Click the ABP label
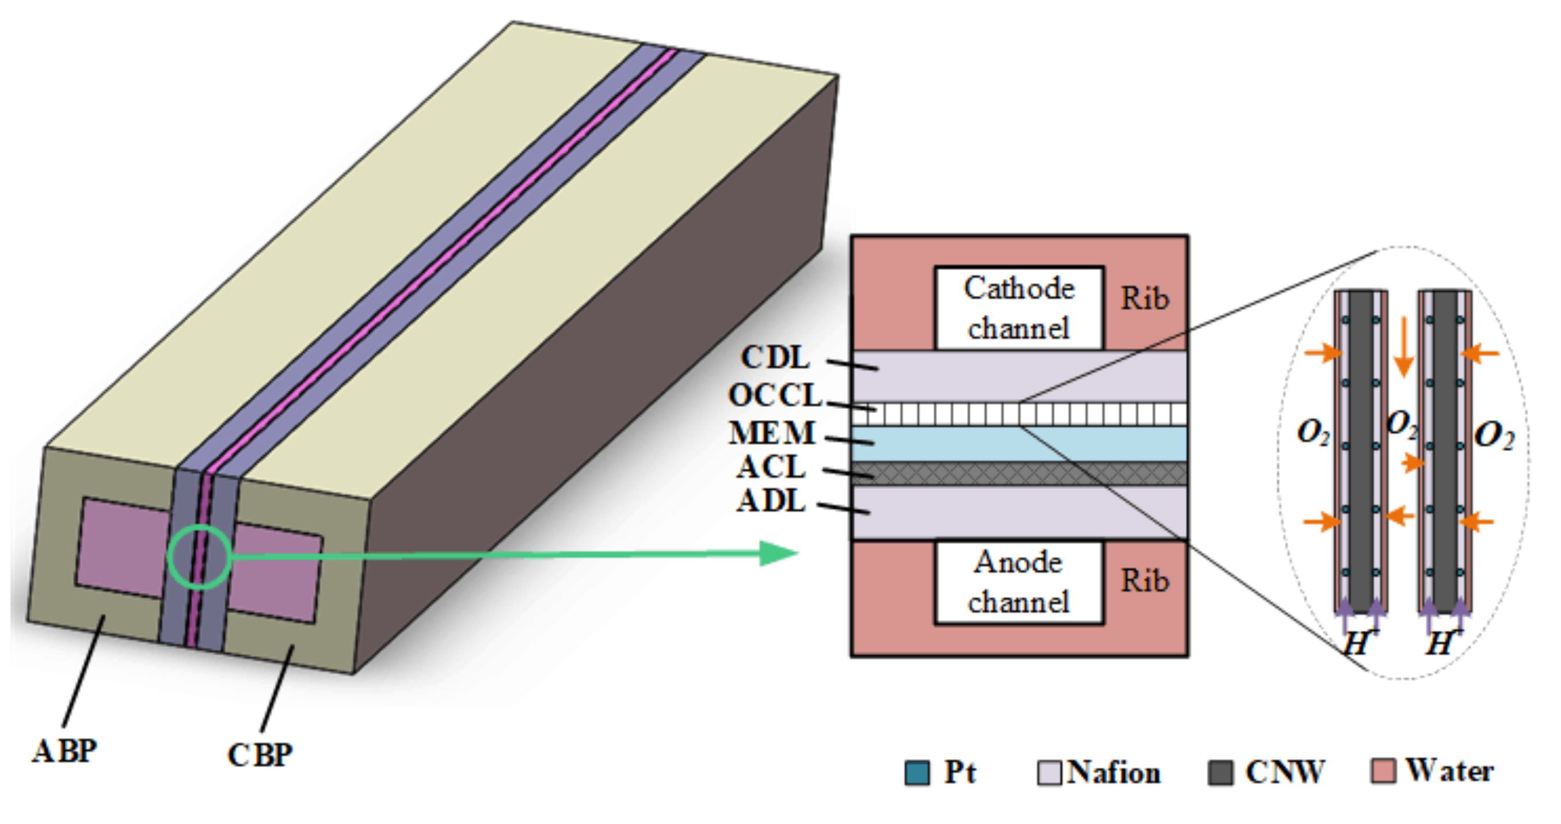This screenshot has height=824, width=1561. point(64,752)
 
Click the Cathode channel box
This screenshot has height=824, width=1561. point(1019,308)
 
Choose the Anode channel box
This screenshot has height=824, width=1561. point(1019,582)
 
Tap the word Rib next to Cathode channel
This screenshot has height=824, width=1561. point(1144,298)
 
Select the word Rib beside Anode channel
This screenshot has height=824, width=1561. point(1144,581)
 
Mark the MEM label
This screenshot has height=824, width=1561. point(772,433)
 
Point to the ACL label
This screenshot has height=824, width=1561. point(771,467)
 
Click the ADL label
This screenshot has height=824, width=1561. point(771,501)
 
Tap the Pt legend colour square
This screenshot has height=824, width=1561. point(917,772)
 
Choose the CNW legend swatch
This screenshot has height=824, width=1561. point(1220,772)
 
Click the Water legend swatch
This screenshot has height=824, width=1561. point(1384,771)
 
